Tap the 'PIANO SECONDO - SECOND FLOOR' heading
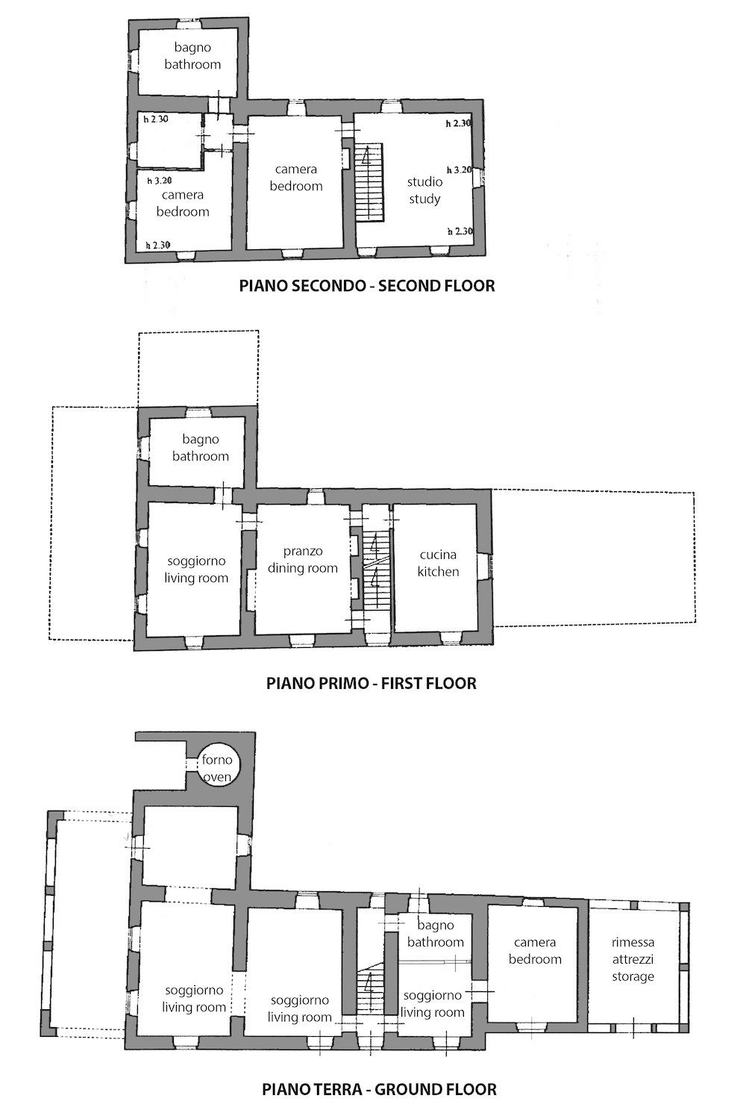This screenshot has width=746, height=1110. [x=367, y=286]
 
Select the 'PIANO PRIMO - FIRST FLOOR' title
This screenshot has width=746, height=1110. [x=371, y=683]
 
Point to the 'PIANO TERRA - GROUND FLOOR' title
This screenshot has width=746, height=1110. [x=379, y=1089]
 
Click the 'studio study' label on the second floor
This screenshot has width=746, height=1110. [x=424, y=190]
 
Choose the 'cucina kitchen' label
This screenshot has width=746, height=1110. [x=438, y=563]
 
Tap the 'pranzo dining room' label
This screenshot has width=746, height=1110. [x=303, y=559]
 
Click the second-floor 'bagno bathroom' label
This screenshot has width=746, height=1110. [x=192, y=55]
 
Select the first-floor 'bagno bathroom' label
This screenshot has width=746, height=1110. [x=200, y=447]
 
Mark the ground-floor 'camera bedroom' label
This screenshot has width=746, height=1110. [x=535, y=950]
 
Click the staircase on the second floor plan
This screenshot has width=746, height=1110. [x=369, y=182]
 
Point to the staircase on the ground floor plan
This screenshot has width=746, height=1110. [x=369, y=991]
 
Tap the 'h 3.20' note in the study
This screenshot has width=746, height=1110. [x=460, y=170]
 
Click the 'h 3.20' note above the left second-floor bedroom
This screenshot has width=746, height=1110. [x=160, y=181]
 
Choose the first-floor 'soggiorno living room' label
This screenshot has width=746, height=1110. [x=196, y=570]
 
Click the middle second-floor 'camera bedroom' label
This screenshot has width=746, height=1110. [x=295, y=178]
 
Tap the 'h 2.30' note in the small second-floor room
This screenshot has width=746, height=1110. [x=156, y=119]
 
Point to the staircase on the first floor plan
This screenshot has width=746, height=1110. [x=375, y=569]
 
